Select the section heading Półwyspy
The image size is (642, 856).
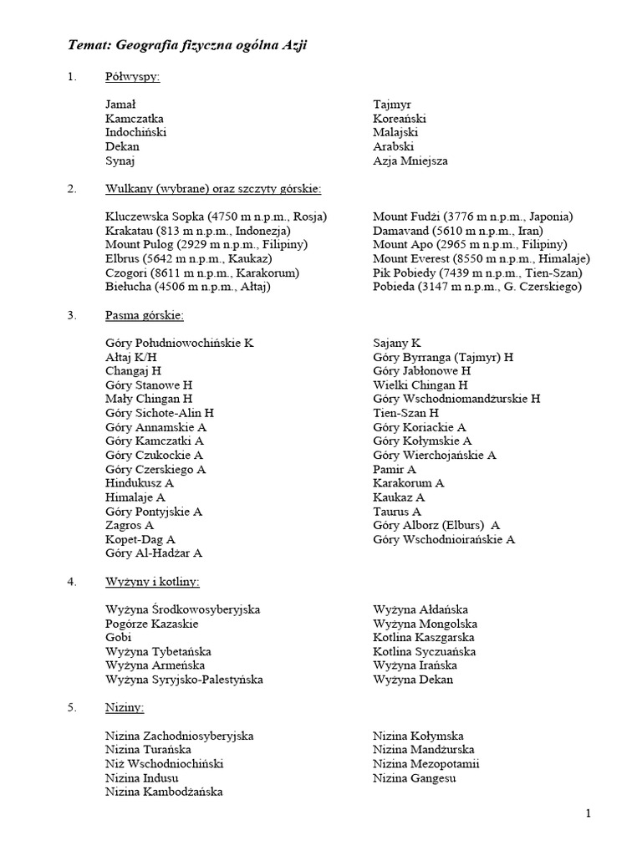point(133,77)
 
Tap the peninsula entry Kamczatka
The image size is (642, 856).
point(135,119)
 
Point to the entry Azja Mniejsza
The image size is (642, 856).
point(410,160)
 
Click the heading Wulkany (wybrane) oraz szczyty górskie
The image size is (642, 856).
point(213,189)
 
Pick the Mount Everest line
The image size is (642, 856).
point(481,258)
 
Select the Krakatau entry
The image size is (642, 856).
point(197,231)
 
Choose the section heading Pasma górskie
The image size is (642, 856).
point(144,315)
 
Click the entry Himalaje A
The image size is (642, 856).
point(135,497)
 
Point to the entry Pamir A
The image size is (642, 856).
point(395,469)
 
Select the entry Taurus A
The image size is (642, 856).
point(397,511)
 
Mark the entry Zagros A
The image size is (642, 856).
point(130,525)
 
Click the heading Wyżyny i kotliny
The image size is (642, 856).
point(152,581)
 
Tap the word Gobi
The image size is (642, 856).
point(119,637)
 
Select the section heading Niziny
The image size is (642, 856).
point(125,707)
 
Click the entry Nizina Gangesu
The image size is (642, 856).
point(414,777)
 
